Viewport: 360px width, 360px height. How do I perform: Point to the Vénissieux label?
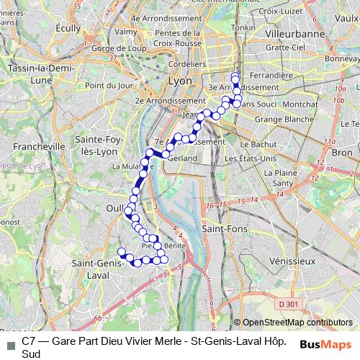pyautogui.click(x=287, y=260)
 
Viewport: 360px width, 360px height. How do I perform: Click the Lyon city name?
pyautogui.click(x=179, y=81)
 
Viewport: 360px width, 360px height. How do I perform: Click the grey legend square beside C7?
pyautogui.click(x=9, y=345)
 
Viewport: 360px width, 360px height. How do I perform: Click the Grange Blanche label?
pyautogui.click(x=279, y=119)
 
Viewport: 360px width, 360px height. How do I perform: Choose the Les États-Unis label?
pyautogui.click(x=251, y=158)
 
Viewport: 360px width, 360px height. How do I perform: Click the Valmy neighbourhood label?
pyautogui.click(x=125, y=32)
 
